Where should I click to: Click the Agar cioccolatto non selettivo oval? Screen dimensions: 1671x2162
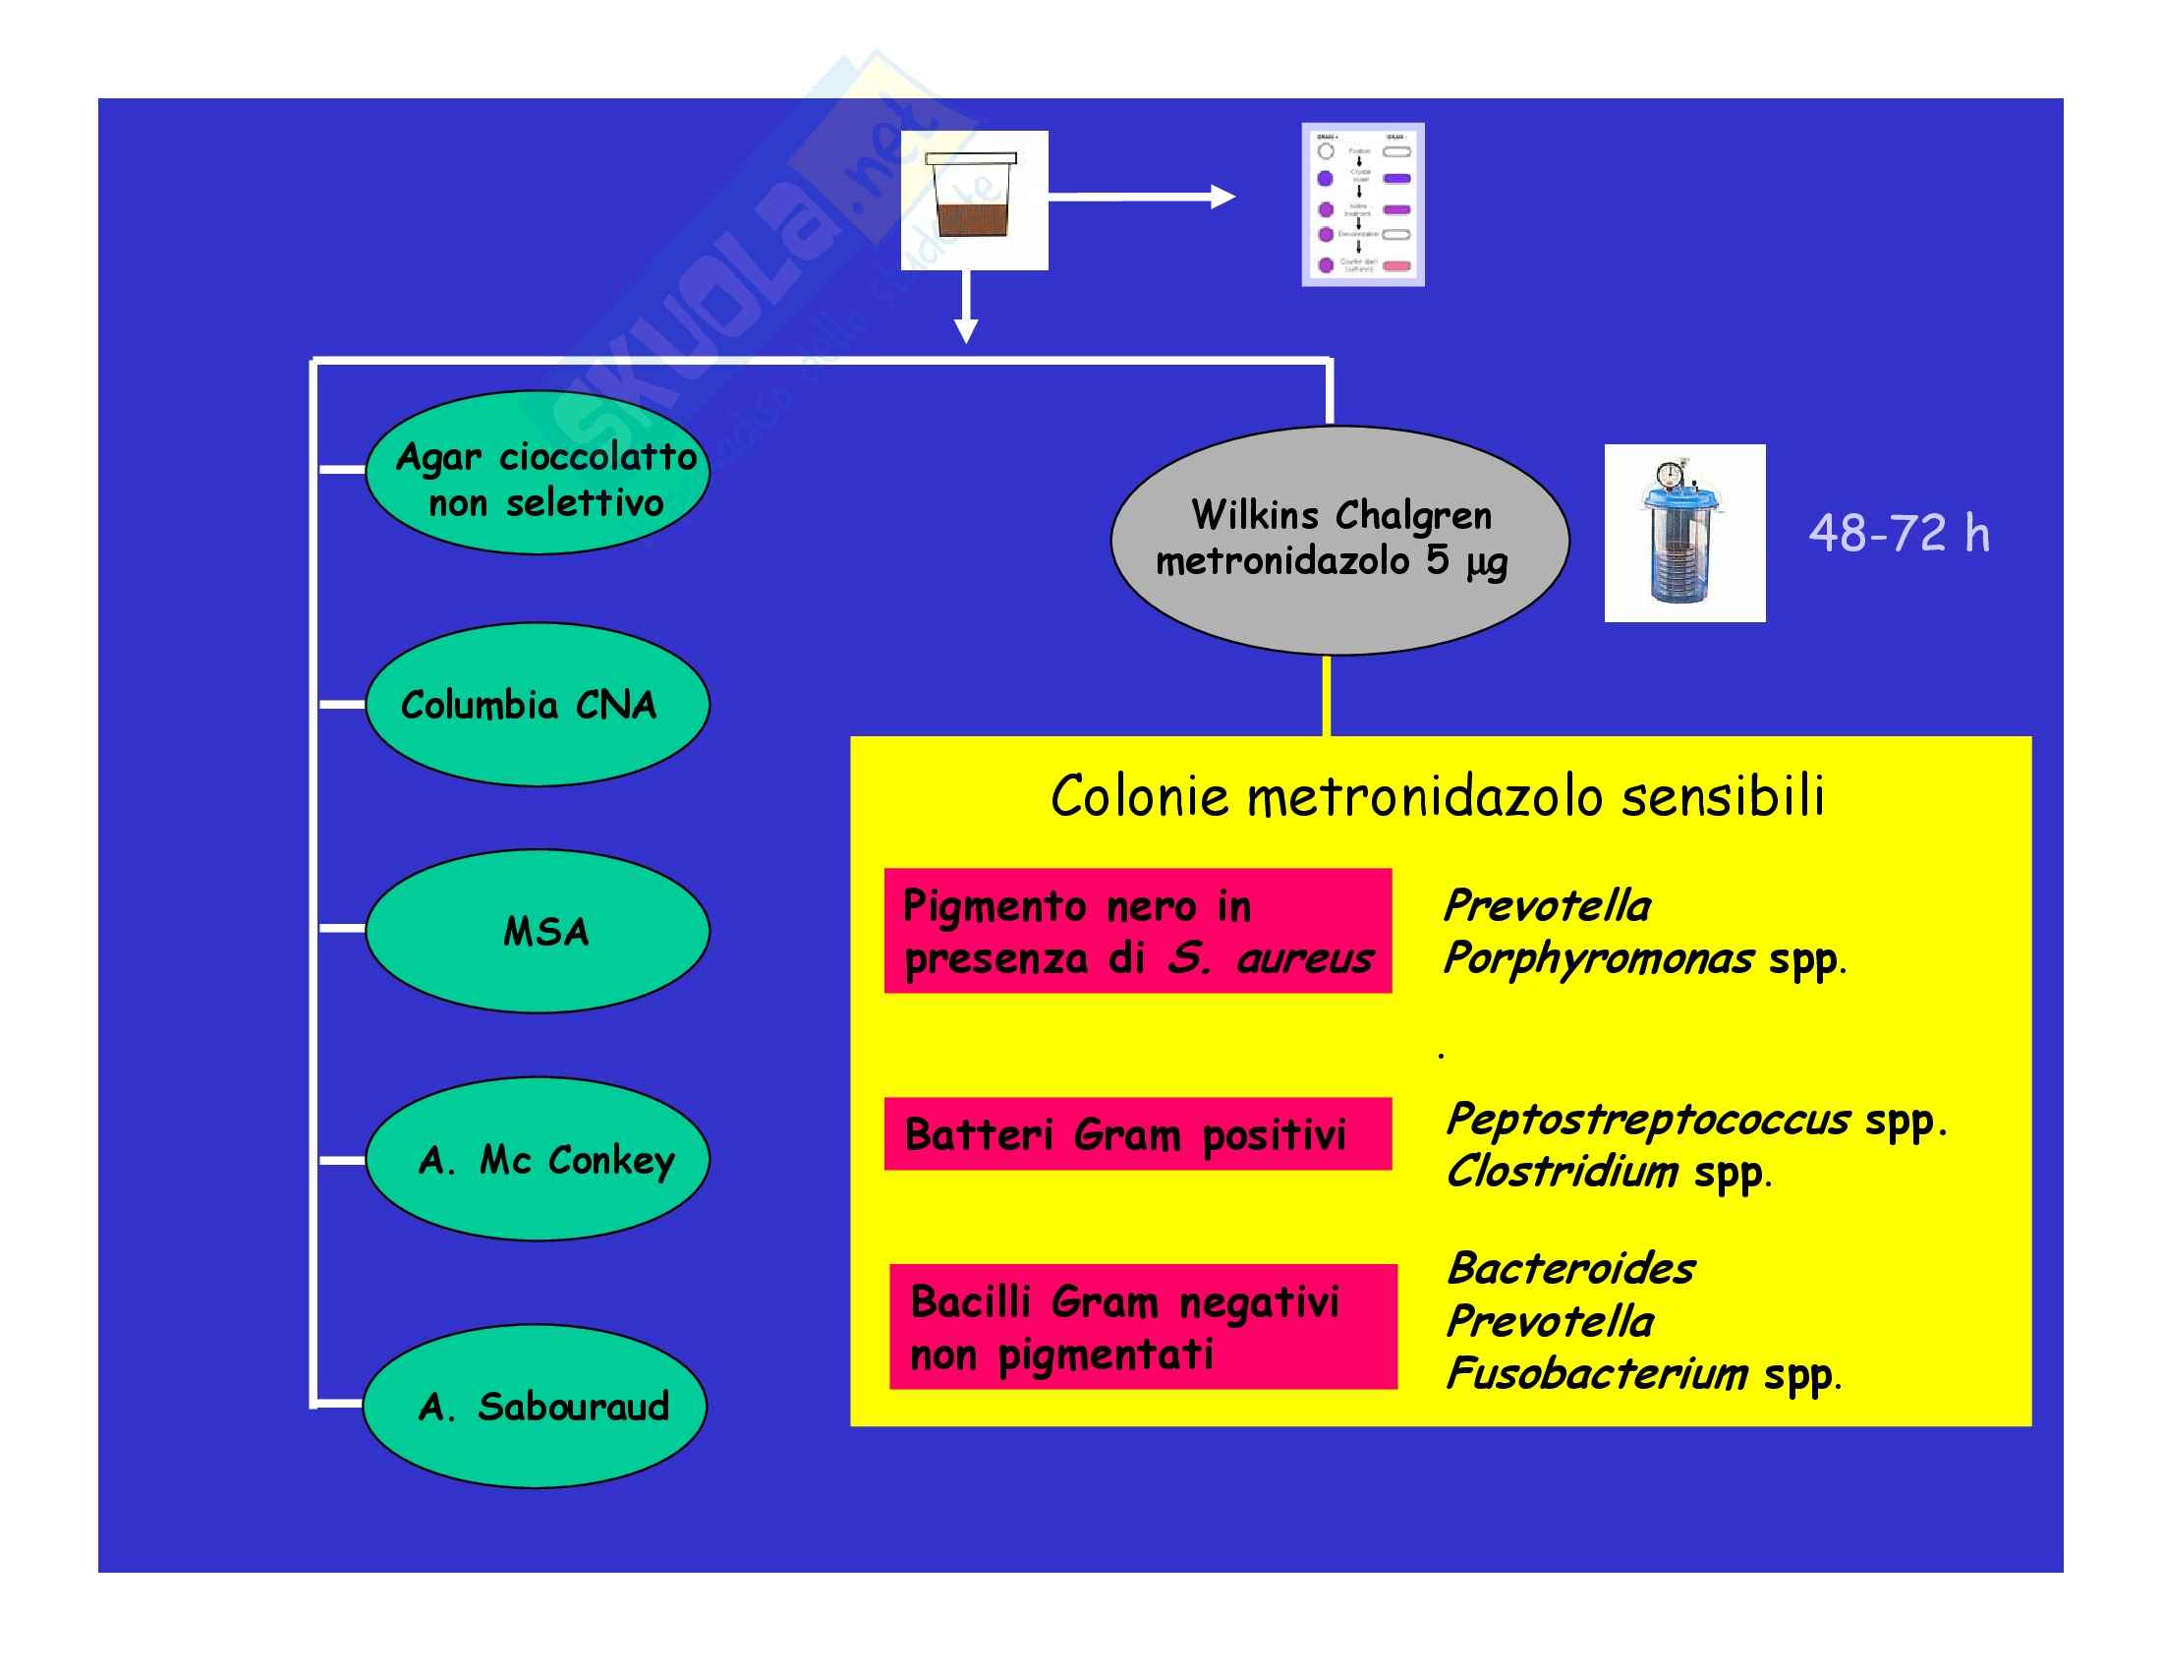pos(538,473)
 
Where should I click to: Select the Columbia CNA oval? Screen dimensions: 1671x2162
pos(538,705)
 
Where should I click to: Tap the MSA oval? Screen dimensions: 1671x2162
pos(538,931)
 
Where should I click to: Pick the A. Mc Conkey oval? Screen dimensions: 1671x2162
pos(538,1159)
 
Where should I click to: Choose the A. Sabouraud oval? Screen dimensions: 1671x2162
pos(536,1406)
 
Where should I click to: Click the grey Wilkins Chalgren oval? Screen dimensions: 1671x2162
pos(1339,541)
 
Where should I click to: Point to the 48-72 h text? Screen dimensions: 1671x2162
pos(1899,534)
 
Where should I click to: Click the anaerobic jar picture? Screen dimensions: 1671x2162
pos(1683,534)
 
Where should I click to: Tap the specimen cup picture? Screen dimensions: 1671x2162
pos(974,200)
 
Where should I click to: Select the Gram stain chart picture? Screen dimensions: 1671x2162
pos(1362,204)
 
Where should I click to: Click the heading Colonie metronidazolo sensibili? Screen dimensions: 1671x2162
pos(1438,797)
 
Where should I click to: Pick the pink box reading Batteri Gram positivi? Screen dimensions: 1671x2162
pos(1137,1134)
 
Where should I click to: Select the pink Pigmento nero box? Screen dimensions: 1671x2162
pos(1137,932)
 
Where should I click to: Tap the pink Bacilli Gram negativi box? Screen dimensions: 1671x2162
pos(1142,1327)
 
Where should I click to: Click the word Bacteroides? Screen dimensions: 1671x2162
pos(1571,1269)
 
